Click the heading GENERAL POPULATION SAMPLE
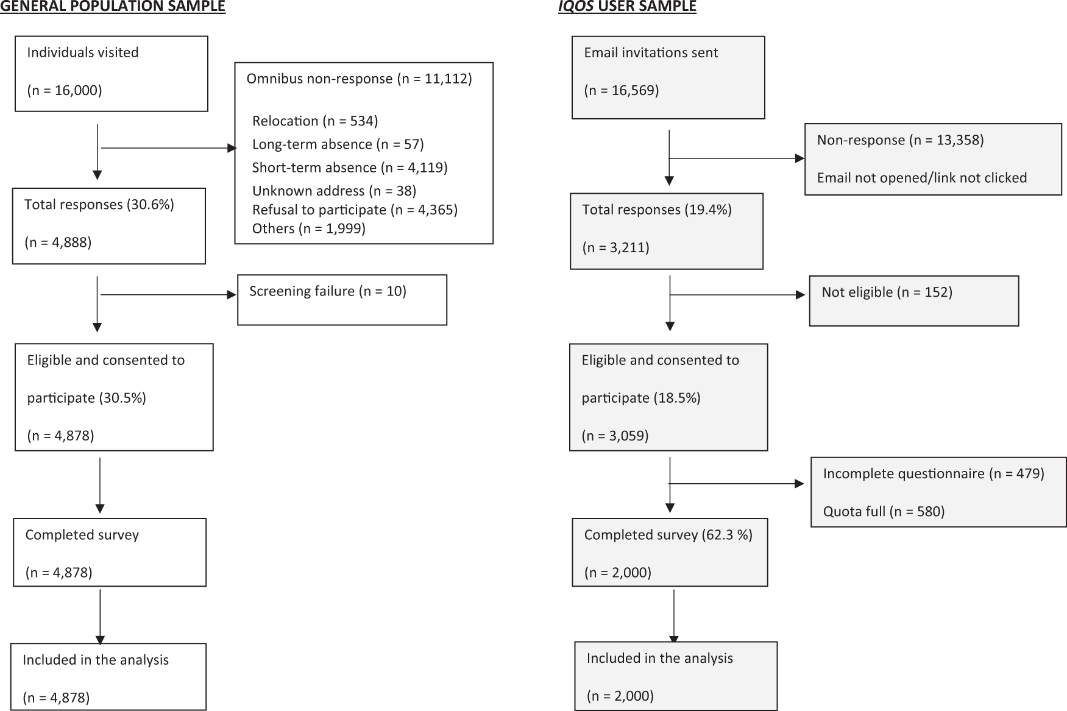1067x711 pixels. [113, 7]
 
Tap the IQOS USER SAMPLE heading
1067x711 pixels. [627, 7]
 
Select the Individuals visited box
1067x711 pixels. [112, 74]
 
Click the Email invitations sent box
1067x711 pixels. [668, 77]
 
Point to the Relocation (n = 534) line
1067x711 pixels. [315, 121]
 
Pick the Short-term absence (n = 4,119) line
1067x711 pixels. [350, 168]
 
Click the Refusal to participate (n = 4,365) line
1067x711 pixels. [355, 210]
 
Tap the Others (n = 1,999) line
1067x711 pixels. [308, 228]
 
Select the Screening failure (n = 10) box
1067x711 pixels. [342, 300]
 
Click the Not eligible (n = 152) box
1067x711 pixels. [914, 301]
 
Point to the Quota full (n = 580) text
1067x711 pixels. [884, 511]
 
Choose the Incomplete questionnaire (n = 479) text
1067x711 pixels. [934, 473]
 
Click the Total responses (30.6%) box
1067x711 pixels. [109, 226]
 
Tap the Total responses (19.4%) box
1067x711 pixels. [667, 232]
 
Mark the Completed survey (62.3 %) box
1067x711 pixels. [670, 553]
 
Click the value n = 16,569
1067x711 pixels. [622, 91]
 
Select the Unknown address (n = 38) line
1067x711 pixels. [334, 191]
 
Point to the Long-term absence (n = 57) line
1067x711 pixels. [338, 144]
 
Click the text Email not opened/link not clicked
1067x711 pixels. [922, 178]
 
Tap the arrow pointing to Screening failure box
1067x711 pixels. [168, 295]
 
